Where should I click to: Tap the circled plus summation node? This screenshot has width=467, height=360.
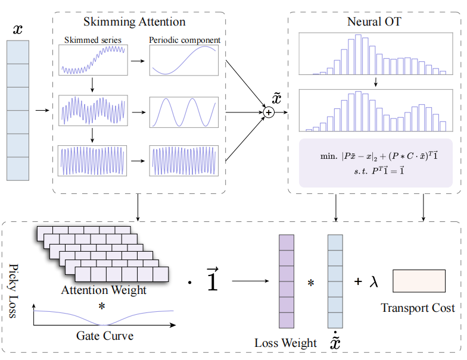[x=268, y=111]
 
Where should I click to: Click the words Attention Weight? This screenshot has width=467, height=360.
[x=103, y=291]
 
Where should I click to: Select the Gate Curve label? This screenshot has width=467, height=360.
[x=105, y=336]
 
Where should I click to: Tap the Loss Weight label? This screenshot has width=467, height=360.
[x=286, y=343]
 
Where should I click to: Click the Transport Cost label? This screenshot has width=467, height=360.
[x=418, y=308]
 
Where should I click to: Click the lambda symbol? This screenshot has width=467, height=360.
[x=374, y=281]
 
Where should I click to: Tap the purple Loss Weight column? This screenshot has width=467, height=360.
[x=286, y=281]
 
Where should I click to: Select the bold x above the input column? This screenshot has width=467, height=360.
[x=18, y=29]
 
